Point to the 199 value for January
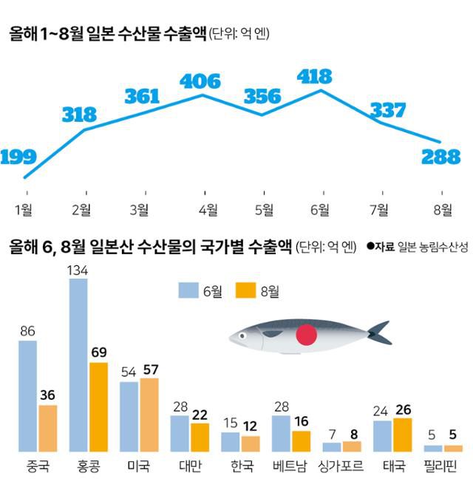(18, 157)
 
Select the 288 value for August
(441, 157)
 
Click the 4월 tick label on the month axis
(208, 210)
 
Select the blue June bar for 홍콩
(78, 365)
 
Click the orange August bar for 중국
(48, 428)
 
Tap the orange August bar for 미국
(149, 415)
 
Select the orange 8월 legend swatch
(246, 290)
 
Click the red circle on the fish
(306, 337)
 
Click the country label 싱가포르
(341, 466)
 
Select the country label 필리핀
(442, 466)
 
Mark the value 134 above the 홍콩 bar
(78, 270)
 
